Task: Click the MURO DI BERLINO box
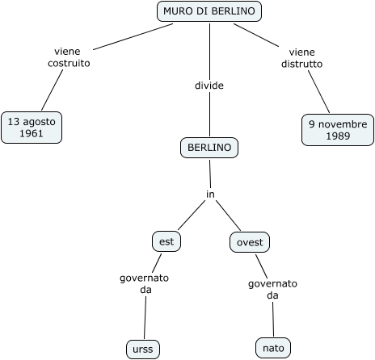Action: pos(209,11)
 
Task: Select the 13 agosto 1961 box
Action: pos(32,128)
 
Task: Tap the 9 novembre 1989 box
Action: pos(338,130)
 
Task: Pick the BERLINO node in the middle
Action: pos(209,148)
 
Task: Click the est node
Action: pos(166,241)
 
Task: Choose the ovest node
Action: pos(250,242)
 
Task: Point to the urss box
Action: pos(143,350)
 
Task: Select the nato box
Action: pos(273,348)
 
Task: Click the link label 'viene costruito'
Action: pos(69,57)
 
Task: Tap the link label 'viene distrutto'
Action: pos(301,58)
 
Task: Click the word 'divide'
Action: pos(209,86)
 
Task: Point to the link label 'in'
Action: pos(210,194)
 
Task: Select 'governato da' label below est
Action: pos(144,284)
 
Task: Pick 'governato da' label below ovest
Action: pos(272,290)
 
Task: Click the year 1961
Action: pos(32,133)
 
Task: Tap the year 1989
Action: pos(338,136)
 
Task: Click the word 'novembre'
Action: pos(343,124)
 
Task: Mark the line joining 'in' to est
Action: pos(192,215)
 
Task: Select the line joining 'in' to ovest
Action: pos(228,216)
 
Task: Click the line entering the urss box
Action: pos(145,317)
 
